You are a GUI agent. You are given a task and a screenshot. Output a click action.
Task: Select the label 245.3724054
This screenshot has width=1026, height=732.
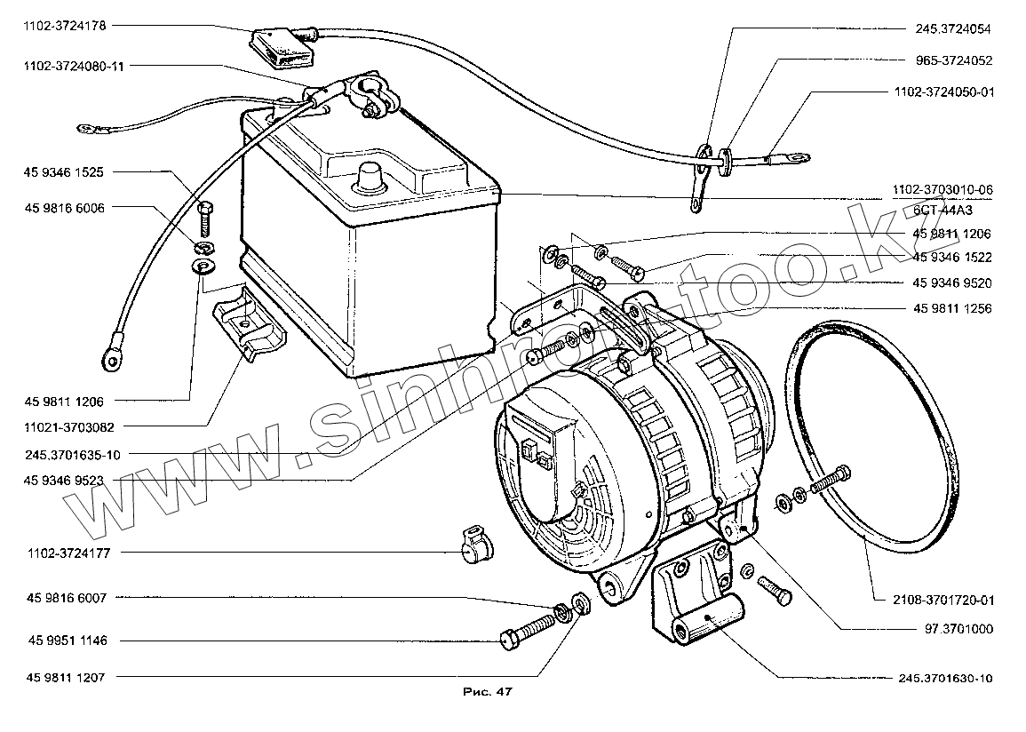953,29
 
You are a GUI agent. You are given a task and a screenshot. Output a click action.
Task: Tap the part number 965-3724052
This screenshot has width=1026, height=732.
953,61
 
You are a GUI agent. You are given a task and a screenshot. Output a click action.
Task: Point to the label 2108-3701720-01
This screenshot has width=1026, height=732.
944,601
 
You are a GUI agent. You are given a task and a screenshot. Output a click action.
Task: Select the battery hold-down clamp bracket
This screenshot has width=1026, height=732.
249,324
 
